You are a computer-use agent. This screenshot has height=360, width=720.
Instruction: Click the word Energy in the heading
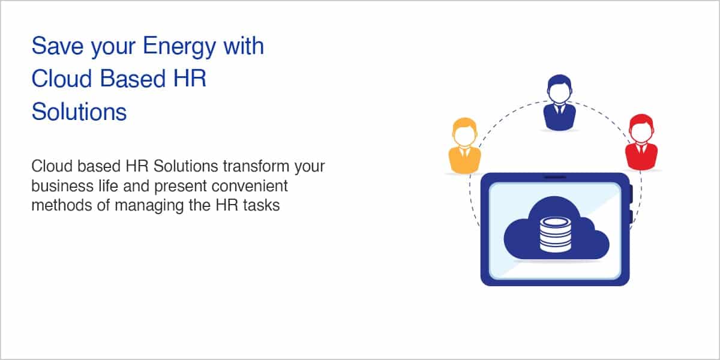pyautogui.click(x=179, y=47)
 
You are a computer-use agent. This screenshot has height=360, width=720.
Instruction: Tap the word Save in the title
pyautogui.click(x=58, y=46)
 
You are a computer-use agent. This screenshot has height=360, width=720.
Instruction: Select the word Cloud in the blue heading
pyautogui.click(x=62, y=79)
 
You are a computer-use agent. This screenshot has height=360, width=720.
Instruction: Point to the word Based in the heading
pyautogui.click(x=133, y=79)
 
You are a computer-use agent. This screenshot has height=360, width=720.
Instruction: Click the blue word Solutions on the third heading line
pyautogui.click(x=79, y=112)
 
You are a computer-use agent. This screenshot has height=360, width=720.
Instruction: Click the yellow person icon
pyautogui.click(x=464, y=146)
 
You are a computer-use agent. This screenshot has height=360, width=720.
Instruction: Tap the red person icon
pyautogui.click(x=641, y=142)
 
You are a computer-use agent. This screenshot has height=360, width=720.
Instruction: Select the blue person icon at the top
pyautogui.click(x=559, y=103)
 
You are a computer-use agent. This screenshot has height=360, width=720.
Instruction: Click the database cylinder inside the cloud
pyautogui.click(x=555, y=235)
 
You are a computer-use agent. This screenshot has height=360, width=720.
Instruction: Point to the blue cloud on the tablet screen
pyautogui.click(x=556, y=229)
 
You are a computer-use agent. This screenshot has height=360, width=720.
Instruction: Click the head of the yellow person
pyautogui.click(x=464, y=133)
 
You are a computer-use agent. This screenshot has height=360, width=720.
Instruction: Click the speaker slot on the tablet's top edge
pyautogui.click(x=555, y=177)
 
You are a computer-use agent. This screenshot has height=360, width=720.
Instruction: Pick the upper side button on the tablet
pyautogui.click(x=631, y=193)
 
